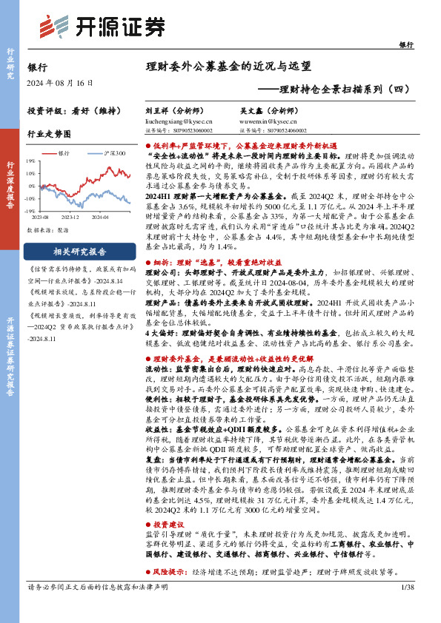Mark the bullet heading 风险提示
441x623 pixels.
pyautogui.click(x=176, y=572)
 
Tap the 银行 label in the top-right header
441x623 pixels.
pyautogui.click(x=406, y=45)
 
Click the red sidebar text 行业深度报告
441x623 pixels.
pyautogui.click(x=10, y=185)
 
